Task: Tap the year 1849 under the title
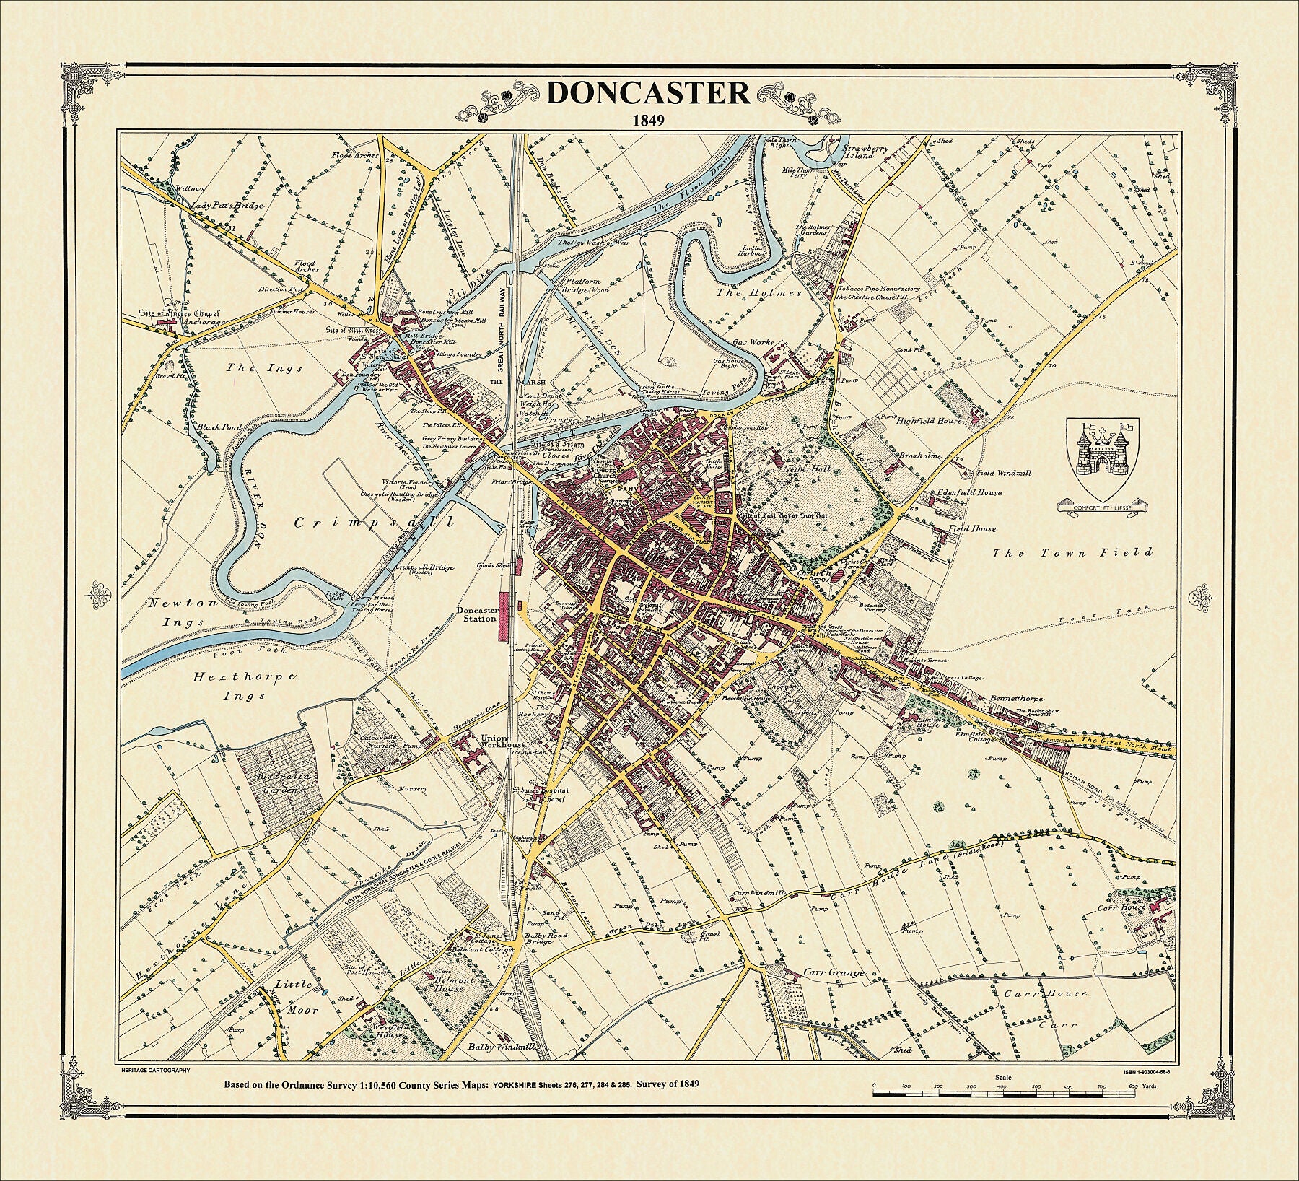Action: [x=648, y=119]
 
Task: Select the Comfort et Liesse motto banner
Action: [x=1102, y=507]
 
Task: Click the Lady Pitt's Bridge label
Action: [x=227, y=206]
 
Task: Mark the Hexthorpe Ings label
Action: [x=246, y=686]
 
